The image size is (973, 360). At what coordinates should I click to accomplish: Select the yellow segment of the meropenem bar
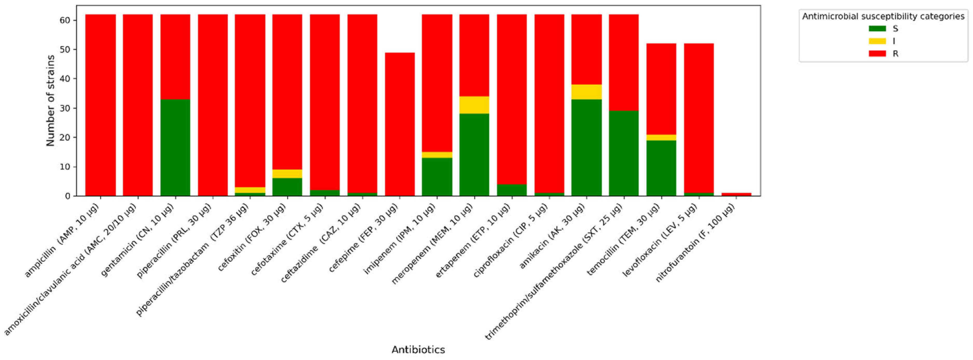474,105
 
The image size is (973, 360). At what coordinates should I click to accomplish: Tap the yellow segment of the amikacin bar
586,92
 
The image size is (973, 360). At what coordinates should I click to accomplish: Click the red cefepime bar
400,124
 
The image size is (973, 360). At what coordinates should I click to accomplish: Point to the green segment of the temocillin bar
661,168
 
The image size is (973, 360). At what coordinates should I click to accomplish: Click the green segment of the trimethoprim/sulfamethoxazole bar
624,153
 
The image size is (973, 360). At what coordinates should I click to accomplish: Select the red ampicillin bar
101,105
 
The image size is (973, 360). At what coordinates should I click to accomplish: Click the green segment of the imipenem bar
437,177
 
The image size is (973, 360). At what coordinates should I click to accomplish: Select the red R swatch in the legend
877,54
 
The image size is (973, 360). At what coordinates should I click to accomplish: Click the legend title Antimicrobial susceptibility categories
883,16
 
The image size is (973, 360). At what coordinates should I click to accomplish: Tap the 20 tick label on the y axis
65,137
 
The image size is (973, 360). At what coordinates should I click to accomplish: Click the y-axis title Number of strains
51,101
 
